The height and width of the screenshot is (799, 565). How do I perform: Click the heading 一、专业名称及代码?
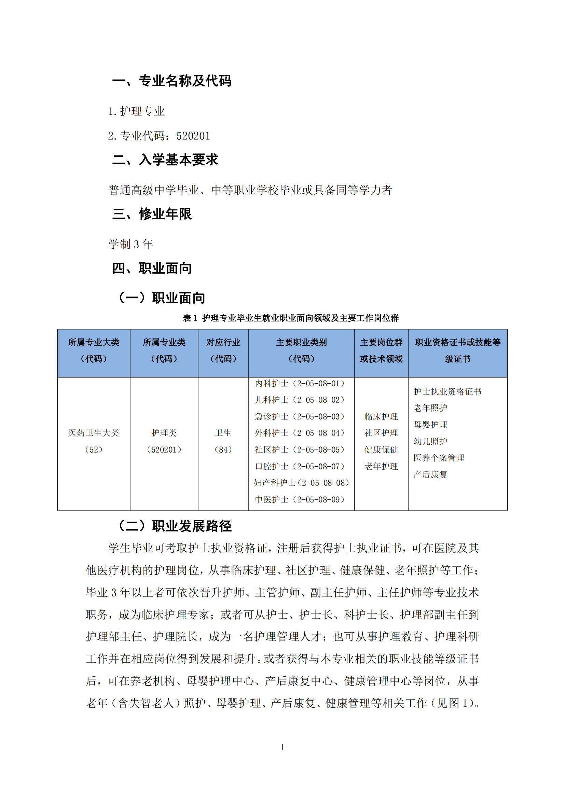(x=171, y=81)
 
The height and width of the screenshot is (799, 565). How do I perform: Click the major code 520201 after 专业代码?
(x=193, y=136)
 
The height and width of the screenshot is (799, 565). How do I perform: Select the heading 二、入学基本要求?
(x=165, y=160)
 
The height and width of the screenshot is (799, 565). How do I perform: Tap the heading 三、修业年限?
(x=152, y=213)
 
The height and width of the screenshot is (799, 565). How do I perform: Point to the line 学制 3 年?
(x=131, y=244)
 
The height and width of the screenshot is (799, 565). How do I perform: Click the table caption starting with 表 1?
(x=290, y=318)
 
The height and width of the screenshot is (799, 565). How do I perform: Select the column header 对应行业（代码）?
(x=223, y=350)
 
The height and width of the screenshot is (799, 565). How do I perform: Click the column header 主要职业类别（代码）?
(x=301, y=350)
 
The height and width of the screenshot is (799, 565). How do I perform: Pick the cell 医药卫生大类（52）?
(x=94, y=441)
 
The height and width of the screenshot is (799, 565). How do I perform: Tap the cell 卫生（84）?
(x=223, y=441)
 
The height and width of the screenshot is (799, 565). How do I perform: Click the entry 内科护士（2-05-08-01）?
(x=300, y=384)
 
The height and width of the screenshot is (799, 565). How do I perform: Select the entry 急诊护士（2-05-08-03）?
(x=300, y=416)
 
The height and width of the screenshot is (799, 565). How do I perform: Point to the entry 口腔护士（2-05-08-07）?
(x=300, y=466)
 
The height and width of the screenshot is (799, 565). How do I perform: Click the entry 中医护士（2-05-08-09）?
(x=300, y=499)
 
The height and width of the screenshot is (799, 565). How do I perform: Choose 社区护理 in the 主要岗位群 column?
(x=381, y=433)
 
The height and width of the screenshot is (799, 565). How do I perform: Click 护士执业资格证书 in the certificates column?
(x=447, y=391)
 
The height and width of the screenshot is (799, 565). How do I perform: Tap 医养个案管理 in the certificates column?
(x=439, y=458)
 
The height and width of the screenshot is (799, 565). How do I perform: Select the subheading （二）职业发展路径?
(x=175, y=526)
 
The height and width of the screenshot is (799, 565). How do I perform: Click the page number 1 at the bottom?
(x=282, y=747)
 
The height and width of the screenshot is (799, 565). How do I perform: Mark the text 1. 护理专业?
(x=136, y=111)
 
